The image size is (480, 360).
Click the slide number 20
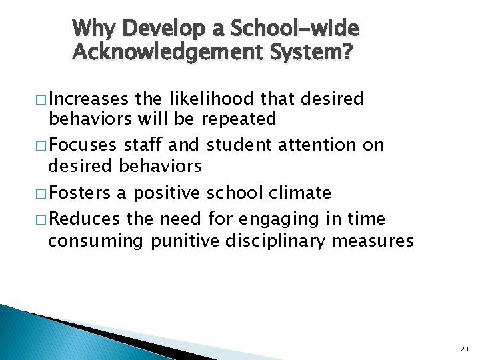point(464,349)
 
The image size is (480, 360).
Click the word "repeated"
point(238,119)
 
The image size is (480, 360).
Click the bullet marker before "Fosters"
point(41,194)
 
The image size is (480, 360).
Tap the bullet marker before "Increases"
point(41,100)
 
